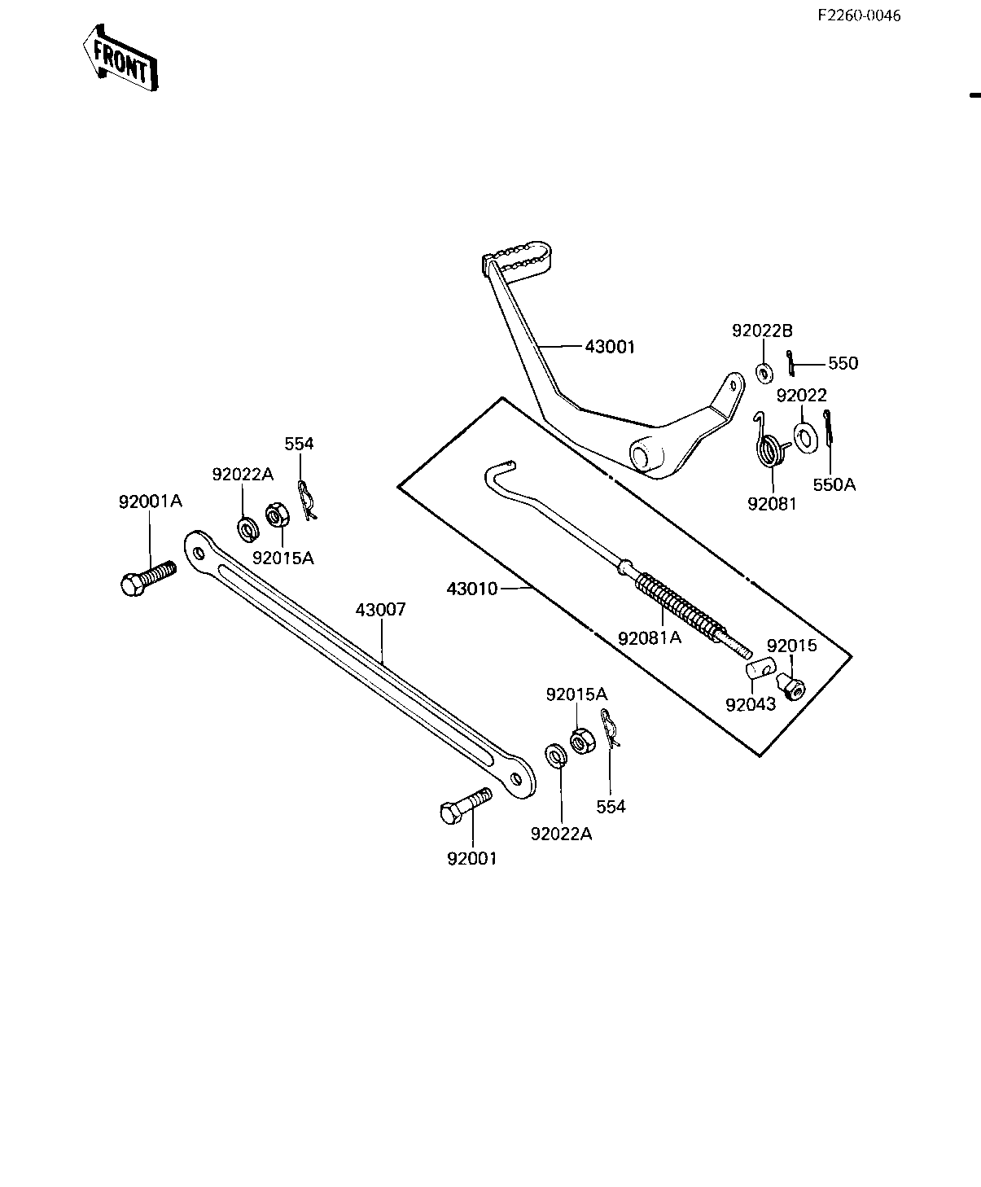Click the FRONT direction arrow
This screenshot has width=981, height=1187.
point(120,58)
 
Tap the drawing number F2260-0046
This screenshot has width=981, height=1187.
point(859,15)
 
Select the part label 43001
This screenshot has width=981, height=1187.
point(610,347)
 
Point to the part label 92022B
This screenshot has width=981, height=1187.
point(762,331)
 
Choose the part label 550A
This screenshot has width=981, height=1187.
point(834,485)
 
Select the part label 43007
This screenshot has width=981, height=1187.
point(381,610)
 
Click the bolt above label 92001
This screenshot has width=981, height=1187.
point(466,805)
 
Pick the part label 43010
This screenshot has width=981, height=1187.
point(471,589)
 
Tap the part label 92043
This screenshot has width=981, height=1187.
point(751,704)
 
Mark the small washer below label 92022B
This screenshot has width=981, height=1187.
point(764,373)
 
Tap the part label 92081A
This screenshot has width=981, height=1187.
point(650,637)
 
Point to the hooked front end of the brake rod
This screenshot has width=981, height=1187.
point(500,473)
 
